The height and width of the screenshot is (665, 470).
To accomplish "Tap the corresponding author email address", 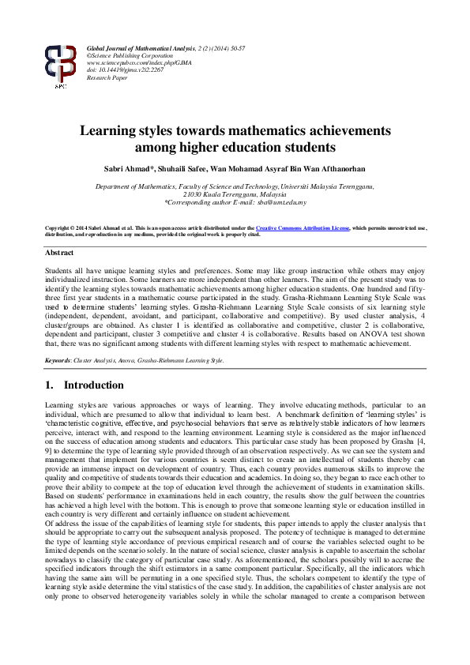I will click(284, 201).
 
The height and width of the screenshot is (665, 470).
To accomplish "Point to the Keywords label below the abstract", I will click(58, 360).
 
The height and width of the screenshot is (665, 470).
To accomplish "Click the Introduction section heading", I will click(94, 385).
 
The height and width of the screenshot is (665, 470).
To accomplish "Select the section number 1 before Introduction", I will click(49, 385).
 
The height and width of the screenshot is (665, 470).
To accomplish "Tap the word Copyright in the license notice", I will click(60, 227).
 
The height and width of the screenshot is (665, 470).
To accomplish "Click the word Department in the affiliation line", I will click(114, 186).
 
